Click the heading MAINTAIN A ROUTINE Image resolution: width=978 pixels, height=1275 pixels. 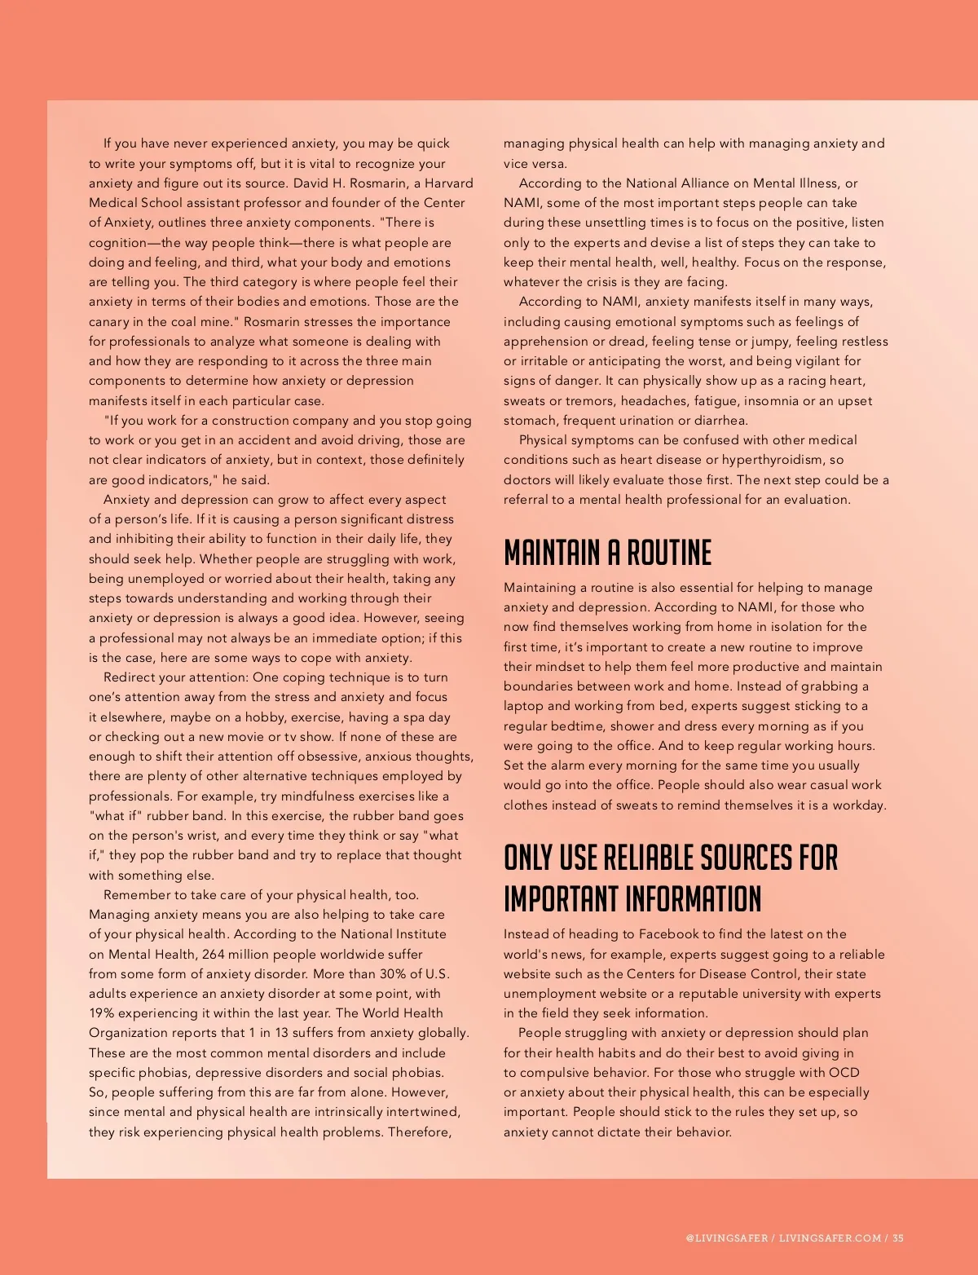tap(607, 553)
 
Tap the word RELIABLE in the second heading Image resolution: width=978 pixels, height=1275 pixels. tap(649, 858)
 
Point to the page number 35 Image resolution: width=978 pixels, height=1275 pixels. tap(898, 1237)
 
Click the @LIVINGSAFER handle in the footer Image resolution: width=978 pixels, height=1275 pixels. tap(726, 1237)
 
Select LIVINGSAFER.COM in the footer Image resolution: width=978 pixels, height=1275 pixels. tap(830, 1237)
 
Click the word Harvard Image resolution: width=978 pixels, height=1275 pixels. tap(448, 183)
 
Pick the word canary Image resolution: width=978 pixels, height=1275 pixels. tap(110, 321)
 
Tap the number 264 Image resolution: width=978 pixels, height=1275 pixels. tap(214, 954)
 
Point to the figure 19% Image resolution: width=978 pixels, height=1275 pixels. tap(103, 1012)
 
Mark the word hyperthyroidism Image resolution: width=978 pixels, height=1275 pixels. tap(772, 460)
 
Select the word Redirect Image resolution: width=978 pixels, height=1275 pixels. tap(130, 677)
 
